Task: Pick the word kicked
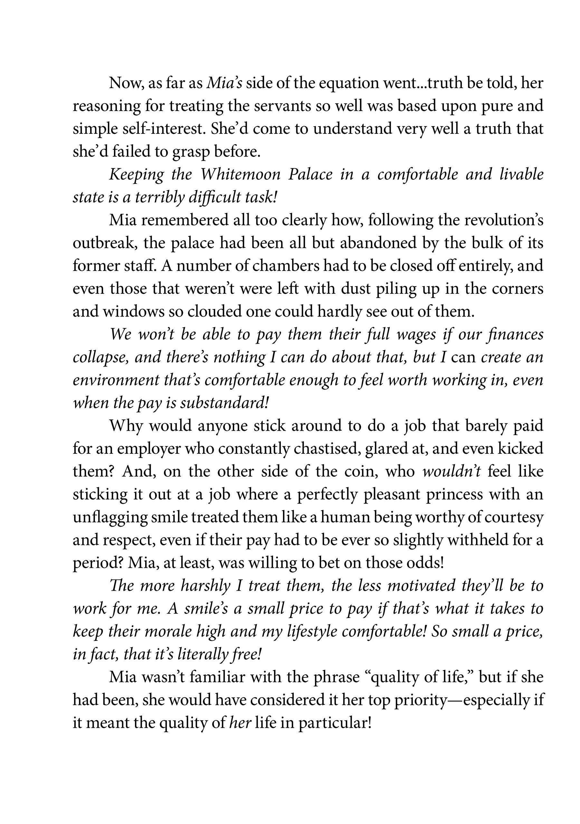click(523, 449)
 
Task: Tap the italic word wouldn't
click(452, 472)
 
